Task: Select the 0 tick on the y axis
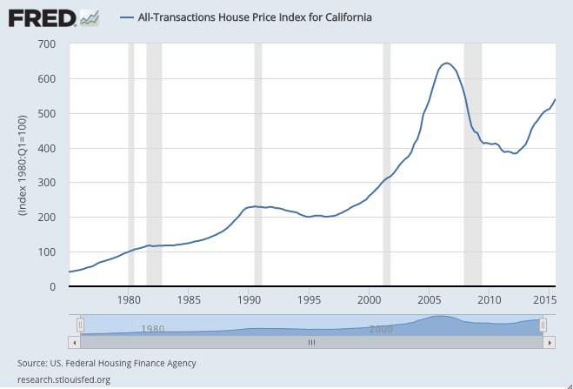click(x=52, y=287)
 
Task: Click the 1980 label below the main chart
click(x=129, y=300)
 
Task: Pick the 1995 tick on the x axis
click(x=310, y=300)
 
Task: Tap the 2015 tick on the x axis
click(x=543, y=300)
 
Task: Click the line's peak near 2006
click(x=446, y=63)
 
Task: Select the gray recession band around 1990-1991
click(x=257, y=165)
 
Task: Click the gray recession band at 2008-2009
click(x=472, y=165)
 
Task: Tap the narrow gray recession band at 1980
click(x=131, y=165)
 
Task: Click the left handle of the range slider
click(x=80, y=325)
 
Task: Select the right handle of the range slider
click(x=543, y=325)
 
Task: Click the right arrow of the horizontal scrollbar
click(x=550, y=343)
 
